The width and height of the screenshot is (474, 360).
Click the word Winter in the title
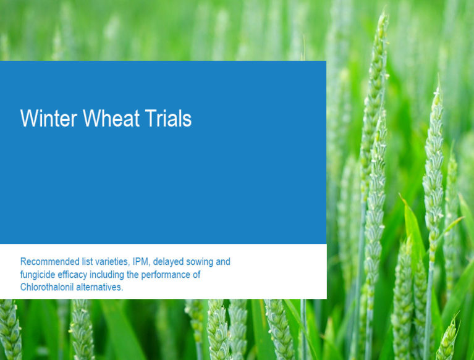tap(48, 118)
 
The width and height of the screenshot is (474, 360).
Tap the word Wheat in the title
tap(111, 118)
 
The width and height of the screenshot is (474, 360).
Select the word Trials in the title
tap(168, 118)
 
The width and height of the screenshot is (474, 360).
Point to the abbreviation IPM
tap(140, 262)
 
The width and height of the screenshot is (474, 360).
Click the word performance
tap(166, 275)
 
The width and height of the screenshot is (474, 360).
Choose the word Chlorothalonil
tap(47, 287)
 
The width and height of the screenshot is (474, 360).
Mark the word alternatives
tap(99, 287)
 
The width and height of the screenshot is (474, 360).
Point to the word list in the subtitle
tap(87, 262)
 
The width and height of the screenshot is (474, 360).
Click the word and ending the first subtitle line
tap(223, 262)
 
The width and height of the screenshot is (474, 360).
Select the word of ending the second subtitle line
tap(197, 275)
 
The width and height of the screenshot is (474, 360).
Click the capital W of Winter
tap(29, 118)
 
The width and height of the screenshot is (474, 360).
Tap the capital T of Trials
tap(151, 118)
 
